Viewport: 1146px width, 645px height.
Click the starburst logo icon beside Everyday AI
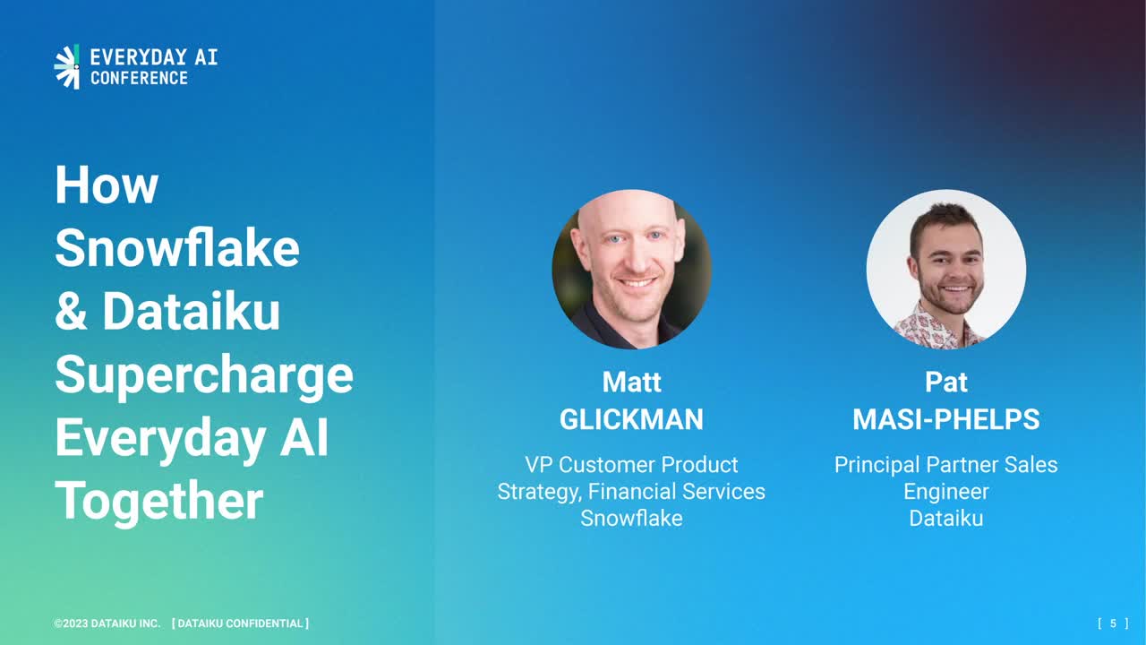(67, 66)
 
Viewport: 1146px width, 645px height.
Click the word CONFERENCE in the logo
(139, 78)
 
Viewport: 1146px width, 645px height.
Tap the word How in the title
(107, 185)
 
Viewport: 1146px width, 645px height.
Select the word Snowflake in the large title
(177, 248)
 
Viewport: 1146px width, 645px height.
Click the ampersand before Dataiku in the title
(71, 311)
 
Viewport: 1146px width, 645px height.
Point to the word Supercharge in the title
(204, 376)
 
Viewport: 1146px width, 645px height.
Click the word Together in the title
(159, 503)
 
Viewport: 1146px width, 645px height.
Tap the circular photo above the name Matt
(632, 270)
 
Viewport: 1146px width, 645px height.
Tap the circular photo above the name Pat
(946, 270)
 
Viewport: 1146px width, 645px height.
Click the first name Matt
(632, 382)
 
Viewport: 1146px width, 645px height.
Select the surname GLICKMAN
(631, 420)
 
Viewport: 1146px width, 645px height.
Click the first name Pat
(946, 382)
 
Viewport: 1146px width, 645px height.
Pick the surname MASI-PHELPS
(946, 420)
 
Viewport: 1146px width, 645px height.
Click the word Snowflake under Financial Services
(631, 518)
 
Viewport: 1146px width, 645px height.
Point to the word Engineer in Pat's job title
(946, 492)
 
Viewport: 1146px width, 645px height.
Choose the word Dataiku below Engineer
(946, 518)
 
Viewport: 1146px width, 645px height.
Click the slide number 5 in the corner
(1113, 623)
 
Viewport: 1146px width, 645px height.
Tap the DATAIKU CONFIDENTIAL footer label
(241, 623)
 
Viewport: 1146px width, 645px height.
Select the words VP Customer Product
(631, 465)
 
